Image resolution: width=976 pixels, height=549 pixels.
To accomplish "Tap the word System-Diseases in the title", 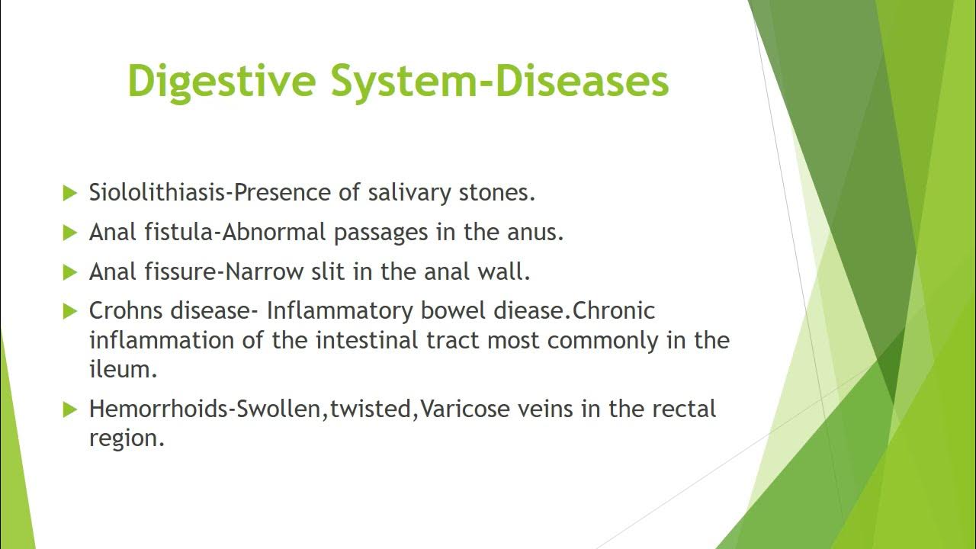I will [x=499, y=81].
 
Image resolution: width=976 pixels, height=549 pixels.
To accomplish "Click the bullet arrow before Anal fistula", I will [x=70, y=233].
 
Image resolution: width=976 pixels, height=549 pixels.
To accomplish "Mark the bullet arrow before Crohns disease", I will [x=70, y=311].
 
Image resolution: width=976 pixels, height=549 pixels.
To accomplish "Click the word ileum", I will [x=123, y=369].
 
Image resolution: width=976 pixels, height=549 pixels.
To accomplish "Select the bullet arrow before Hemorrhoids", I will [x=70, y=409].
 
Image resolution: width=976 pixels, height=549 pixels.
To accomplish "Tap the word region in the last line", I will [x=127, y=438].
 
